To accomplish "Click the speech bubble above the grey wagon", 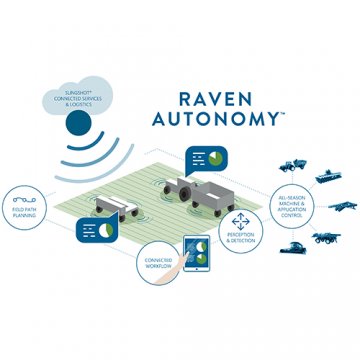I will point(211,159).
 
